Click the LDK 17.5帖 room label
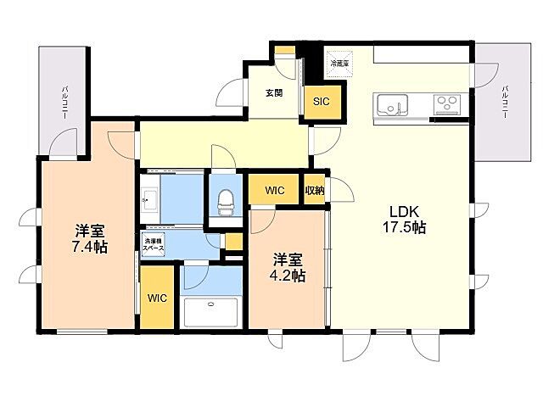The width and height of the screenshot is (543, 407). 407,219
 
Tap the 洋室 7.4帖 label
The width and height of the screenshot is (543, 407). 89,238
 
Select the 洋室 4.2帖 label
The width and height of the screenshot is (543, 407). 288,267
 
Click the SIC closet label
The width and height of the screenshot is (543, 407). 322,102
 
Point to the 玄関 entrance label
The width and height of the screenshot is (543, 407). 273,93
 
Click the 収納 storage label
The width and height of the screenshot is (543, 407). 315,191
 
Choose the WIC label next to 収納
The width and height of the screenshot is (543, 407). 274,191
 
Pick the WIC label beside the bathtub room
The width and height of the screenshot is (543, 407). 156,298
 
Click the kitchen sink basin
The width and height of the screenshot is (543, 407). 391,105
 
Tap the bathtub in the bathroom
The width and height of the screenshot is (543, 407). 212,311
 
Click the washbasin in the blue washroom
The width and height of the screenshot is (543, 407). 150,201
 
